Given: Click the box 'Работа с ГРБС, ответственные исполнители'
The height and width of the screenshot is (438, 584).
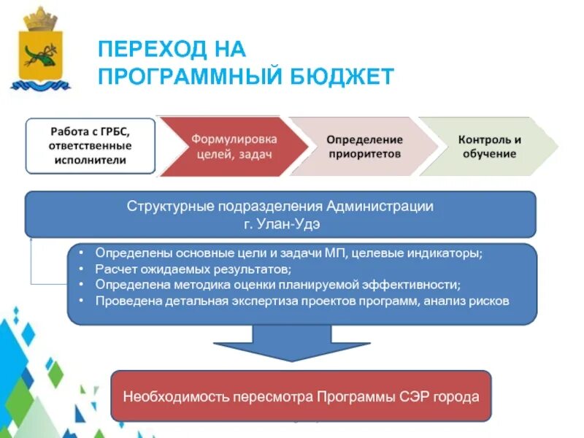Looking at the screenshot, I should pyautogui.click(x=91, y=145).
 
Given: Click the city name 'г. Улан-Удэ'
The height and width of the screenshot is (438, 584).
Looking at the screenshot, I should pyautogui.click(x=281, y=223).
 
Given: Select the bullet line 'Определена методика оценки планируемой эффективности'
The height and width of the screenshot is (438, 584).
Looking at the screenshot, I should pyautogui.click(x=277, y=285).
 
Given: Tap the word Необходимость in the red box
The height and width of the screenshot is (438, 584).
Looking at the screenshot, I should pyautogui.click(x=169, y=397).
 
